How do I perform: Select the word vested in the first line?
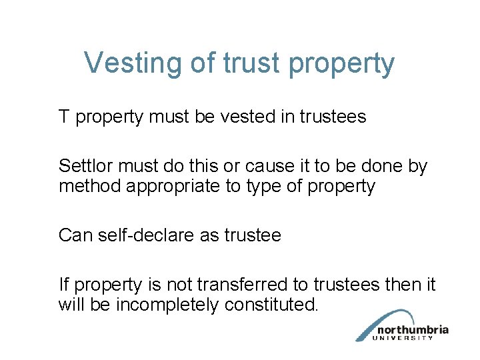pyautogui.click(x=243, y=117)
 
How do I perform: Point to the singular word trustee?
pyautogui.click(x=251, y=235)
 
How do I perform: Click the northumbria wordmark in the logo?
pyautogui.click(x=412, y=329)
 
